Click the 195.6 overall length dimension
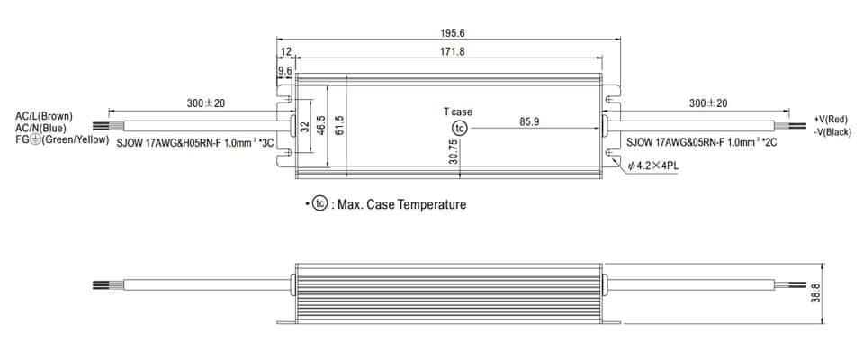[453, 33]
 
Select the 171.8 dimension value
[453, 51]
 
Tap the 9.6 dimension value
[285, 70]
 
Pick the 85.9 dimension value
[529, 121]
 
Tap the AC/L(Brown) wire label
[44, 116]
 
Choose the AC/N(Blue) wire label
[40, 128]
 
